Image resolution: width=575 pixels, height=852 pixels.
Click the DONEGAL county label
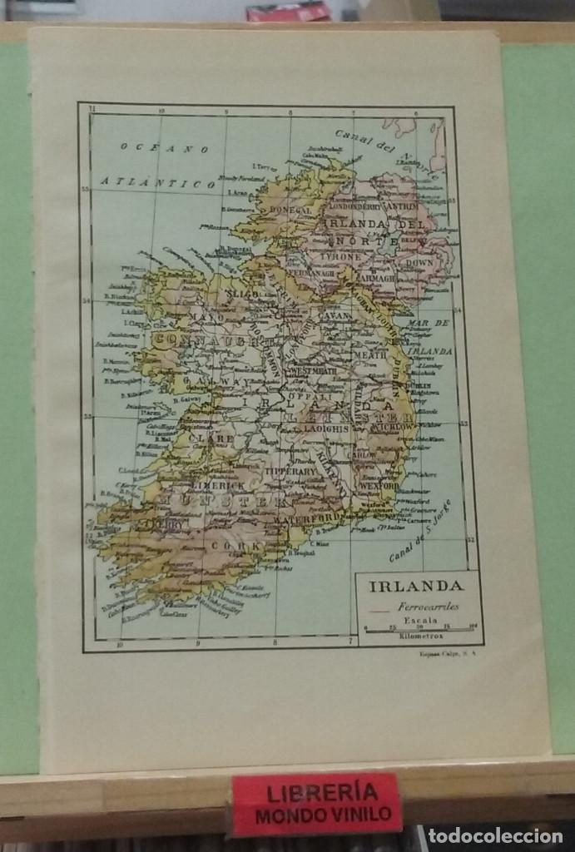(289, 211)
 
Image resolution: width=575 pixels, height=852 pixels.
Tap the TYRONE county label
(342, 257)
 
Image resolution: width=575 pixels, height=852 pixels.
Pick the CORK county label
(245, 545)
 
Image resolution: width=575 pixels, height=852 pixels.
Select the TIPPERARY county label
(290, 471)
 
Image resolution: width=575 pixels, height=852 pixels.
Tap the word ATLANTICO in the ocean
(158, 181)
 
